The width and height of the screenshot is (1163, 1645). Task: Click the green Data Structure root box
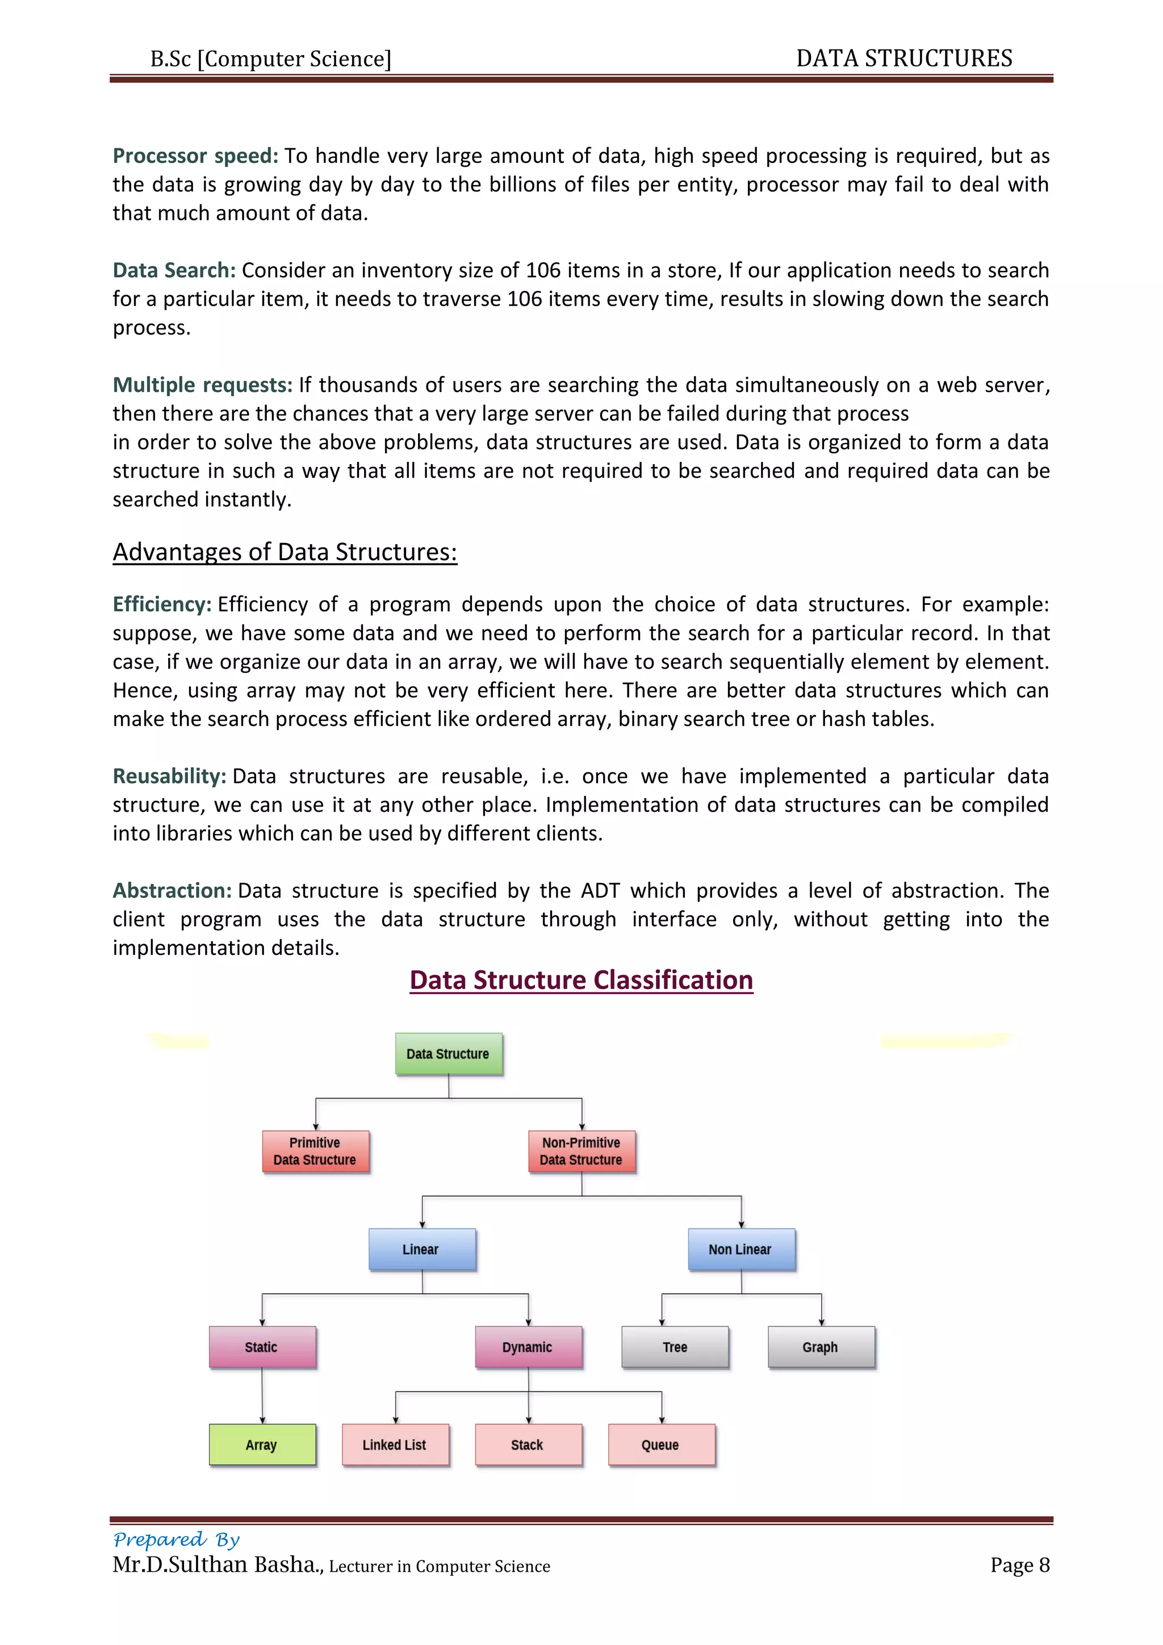click(x=448, y=1053)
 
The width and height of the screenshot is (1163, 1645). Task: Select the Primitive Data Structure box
click(x=315, y=1151)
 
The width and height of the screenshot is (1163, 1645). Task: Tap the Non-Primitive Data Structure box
click(x=581, y=1151)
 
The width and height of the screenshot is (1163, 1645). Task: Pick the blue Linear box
click(x=422, y=1249)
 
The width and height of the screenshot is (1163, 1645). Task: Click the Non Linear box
click(x=741, y=1249)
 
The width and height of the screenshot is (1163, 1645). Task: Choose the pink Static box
click(x=262, y=1347)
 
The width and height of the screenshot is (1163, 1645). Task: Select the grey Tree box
click(x=675, y=1347)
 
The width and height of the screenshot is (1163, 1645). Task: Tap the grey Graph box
click(x=821, y=1347)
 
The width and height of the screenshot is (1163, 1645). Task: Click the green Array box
click(x=262, y=1444)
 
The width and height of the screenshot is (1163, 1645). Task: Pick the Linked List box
click(x=395, y=1444)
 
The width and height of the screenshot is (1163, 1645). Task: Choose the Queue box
click(x=661, y=1444)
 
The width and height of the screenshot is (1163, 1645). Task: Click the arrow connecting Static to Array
click(x=262, y=1396)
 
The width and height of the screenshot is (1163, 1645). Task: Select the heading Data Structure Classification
click(x=581, y=979)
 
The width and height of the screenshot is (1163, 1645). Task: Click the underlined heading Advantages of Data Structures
click(x=285, y=552)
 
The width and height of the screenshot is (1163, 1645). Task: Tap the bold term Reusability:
click(x=169, y=776)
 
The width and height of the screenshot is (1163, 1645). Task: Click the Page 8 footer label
click(x=1019, y=1565)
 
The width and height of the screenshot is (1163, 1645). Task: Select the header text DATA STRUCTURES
click(x=903, y=58)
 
